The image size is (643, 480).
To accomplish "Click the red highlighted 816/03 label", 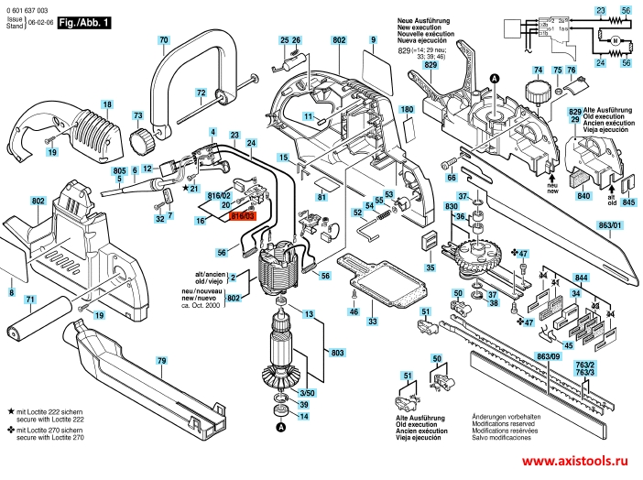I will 244,216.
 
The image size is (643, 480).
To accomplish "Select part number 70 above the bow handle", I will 163,40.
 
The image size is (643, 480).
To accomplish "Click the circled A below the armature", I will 281,426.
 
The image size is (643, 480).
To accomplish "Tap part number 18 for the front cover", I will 107,104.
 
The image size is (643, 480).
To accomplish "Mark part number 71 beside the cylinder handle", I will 29,300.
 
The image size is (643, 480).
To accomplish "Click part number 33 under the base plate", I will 372,322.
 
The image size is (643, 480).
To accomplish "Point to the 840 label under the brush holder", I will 583,196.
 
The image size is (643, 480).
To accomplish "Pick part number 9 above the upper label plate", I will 374,40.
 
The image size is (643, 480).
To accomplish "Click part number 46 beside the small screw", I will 354,312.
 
